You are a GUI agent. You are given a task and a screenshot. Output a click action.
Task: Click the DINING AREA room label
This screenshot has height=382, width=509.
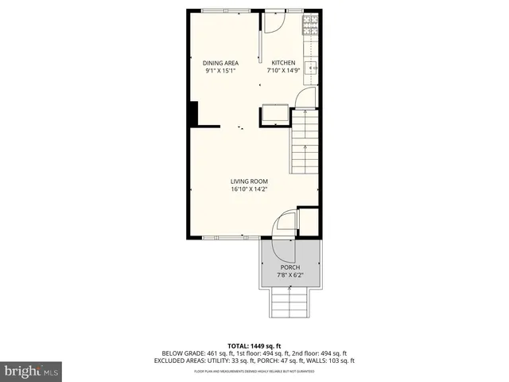220,63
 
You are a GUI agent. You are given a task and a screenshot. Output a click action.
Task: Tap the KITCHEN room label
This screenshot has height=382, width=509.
283,63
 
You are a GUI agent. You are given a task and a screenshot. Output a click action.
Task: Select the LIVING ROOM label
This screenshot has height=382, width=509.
249,181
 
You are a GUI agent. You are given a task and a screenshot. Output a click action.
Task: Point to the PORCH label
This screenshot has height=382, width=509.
290,267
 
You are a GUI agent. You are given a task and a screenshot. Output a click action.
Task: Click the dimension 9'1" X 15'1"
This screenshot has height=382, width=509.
220,71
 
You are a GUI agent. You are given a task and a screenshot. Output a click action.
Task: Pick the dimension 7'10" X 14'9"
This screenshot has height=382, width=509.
283,71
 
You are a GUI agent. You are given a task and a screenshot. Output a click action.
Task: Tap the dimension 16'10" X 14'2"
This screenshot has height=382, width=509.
249,189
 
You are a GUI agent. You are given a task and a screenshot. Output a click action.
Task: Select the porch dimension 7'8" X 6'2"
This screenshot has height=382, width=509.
290,275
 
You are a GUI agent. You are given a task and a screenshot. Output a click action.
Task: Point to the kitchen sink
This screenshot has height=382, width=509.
311,68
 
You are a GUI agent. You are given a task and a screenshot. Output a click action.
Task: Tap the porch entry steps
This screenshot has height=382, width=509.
290,302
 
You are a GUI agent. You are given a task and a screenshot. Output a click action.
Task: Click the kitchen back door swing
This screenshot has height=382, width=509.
271,21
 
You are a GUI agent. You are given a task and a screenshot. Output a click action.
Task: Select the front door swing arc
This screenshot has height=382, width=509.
284,227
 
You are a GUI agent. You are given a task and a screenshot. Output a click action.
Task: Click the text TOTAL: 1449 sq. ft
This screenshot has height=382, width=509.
254,345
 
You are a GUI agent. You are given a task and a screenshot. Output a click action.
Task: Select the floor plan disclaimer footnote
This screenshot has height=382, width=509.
254,371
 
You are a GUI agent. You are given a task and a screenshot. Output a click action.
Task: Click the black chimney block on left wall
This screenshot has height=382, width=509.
192,113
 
